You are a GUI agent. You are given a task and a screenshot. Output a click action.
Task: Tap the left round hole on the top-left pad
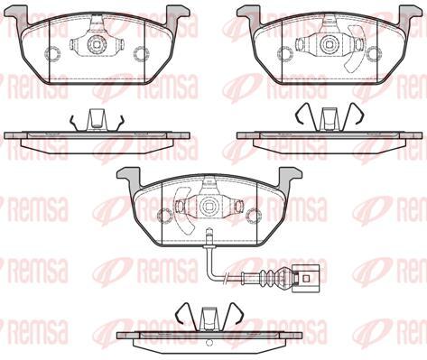(x=52, y=52)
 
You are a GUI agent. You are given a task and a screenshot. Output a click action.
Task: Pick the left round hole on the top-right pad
(x=285, y=52)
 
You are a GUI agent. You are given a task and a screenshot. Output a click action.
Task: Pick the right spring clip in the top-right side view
(x=356, y=113)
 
